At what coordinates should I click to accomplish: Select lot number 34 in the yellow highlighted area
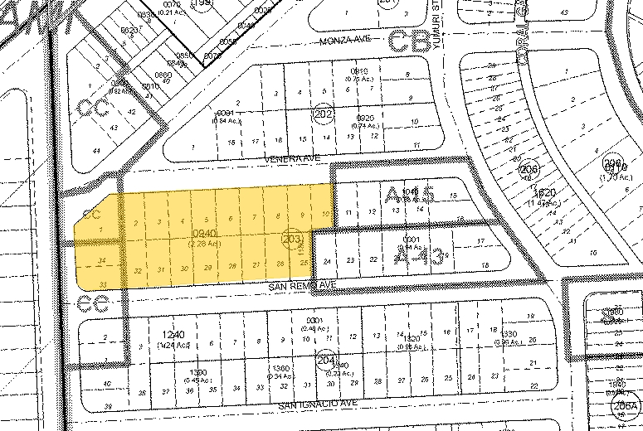(100, 262)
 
